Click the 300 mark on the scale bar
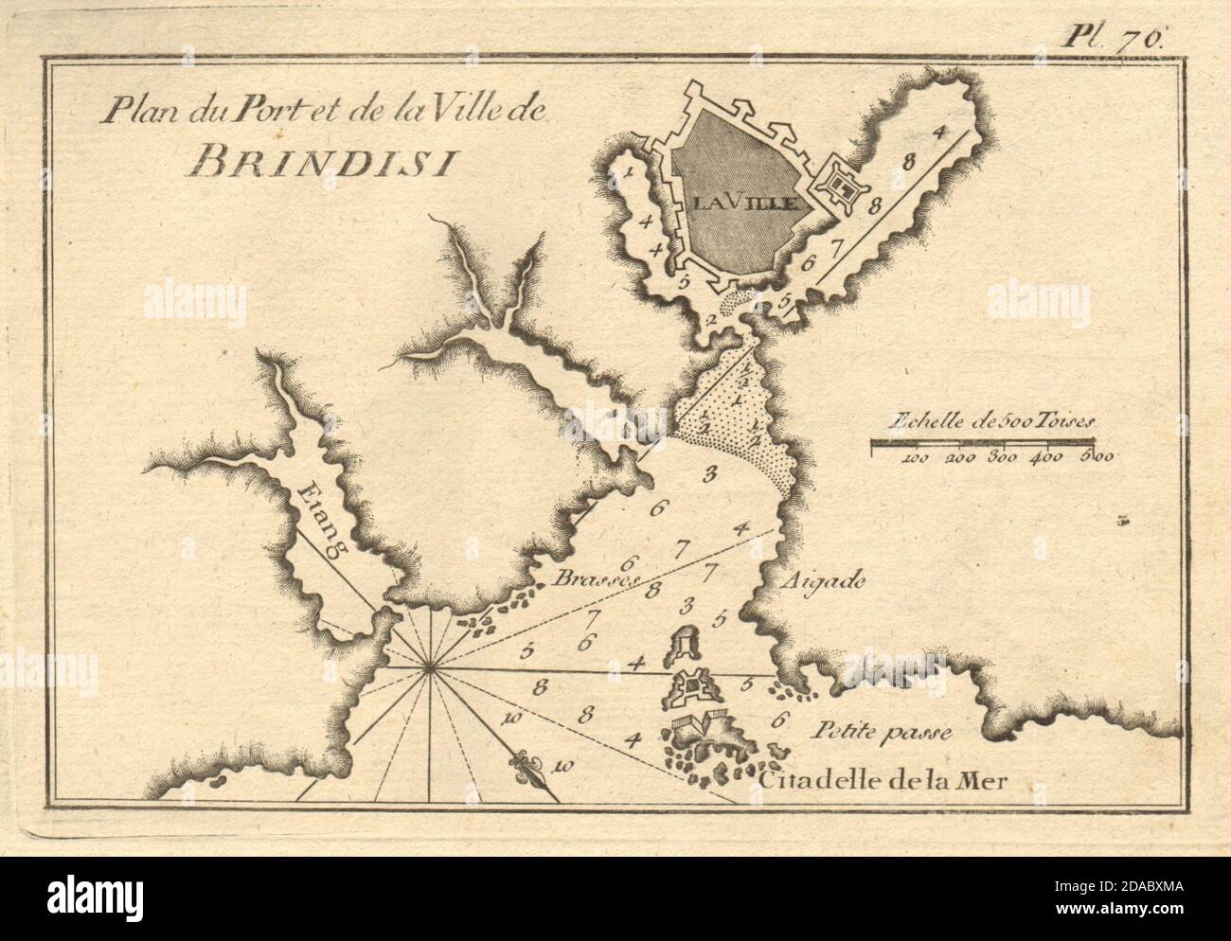pyautogui.click(x=1003, y=458)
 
